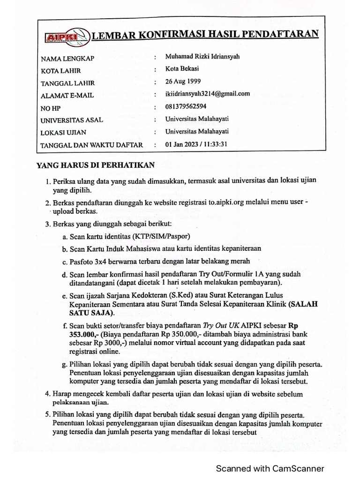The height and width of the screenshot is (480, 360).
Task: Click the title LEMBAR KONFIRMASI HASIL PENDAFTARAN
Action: tap(204, 34)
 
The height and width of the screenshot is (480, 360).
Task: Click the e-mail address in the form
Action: tap(208, 94)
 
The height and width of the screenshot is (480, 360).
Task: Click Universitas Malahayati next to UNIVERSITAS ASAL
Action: tap(197, 119)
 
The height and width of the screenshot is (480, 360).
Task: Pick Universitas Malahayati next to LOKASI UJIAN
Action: tap(197, 132)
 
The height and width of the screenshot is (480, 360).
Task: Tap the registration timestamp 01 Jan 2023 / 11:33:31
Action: tap(196, 144)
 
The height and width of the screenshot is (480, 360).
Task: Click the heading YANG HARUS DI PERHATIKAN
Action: tap(96, 165)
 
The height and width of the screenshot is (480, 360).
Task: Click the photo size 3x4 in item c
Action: tap(103, 261)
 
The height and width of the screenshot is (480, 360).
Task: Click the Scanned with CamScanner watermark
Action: tap(270, 468)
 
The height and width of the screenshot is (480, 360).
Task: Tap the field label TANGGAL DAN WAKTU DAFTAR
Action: tap(91, 145)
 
